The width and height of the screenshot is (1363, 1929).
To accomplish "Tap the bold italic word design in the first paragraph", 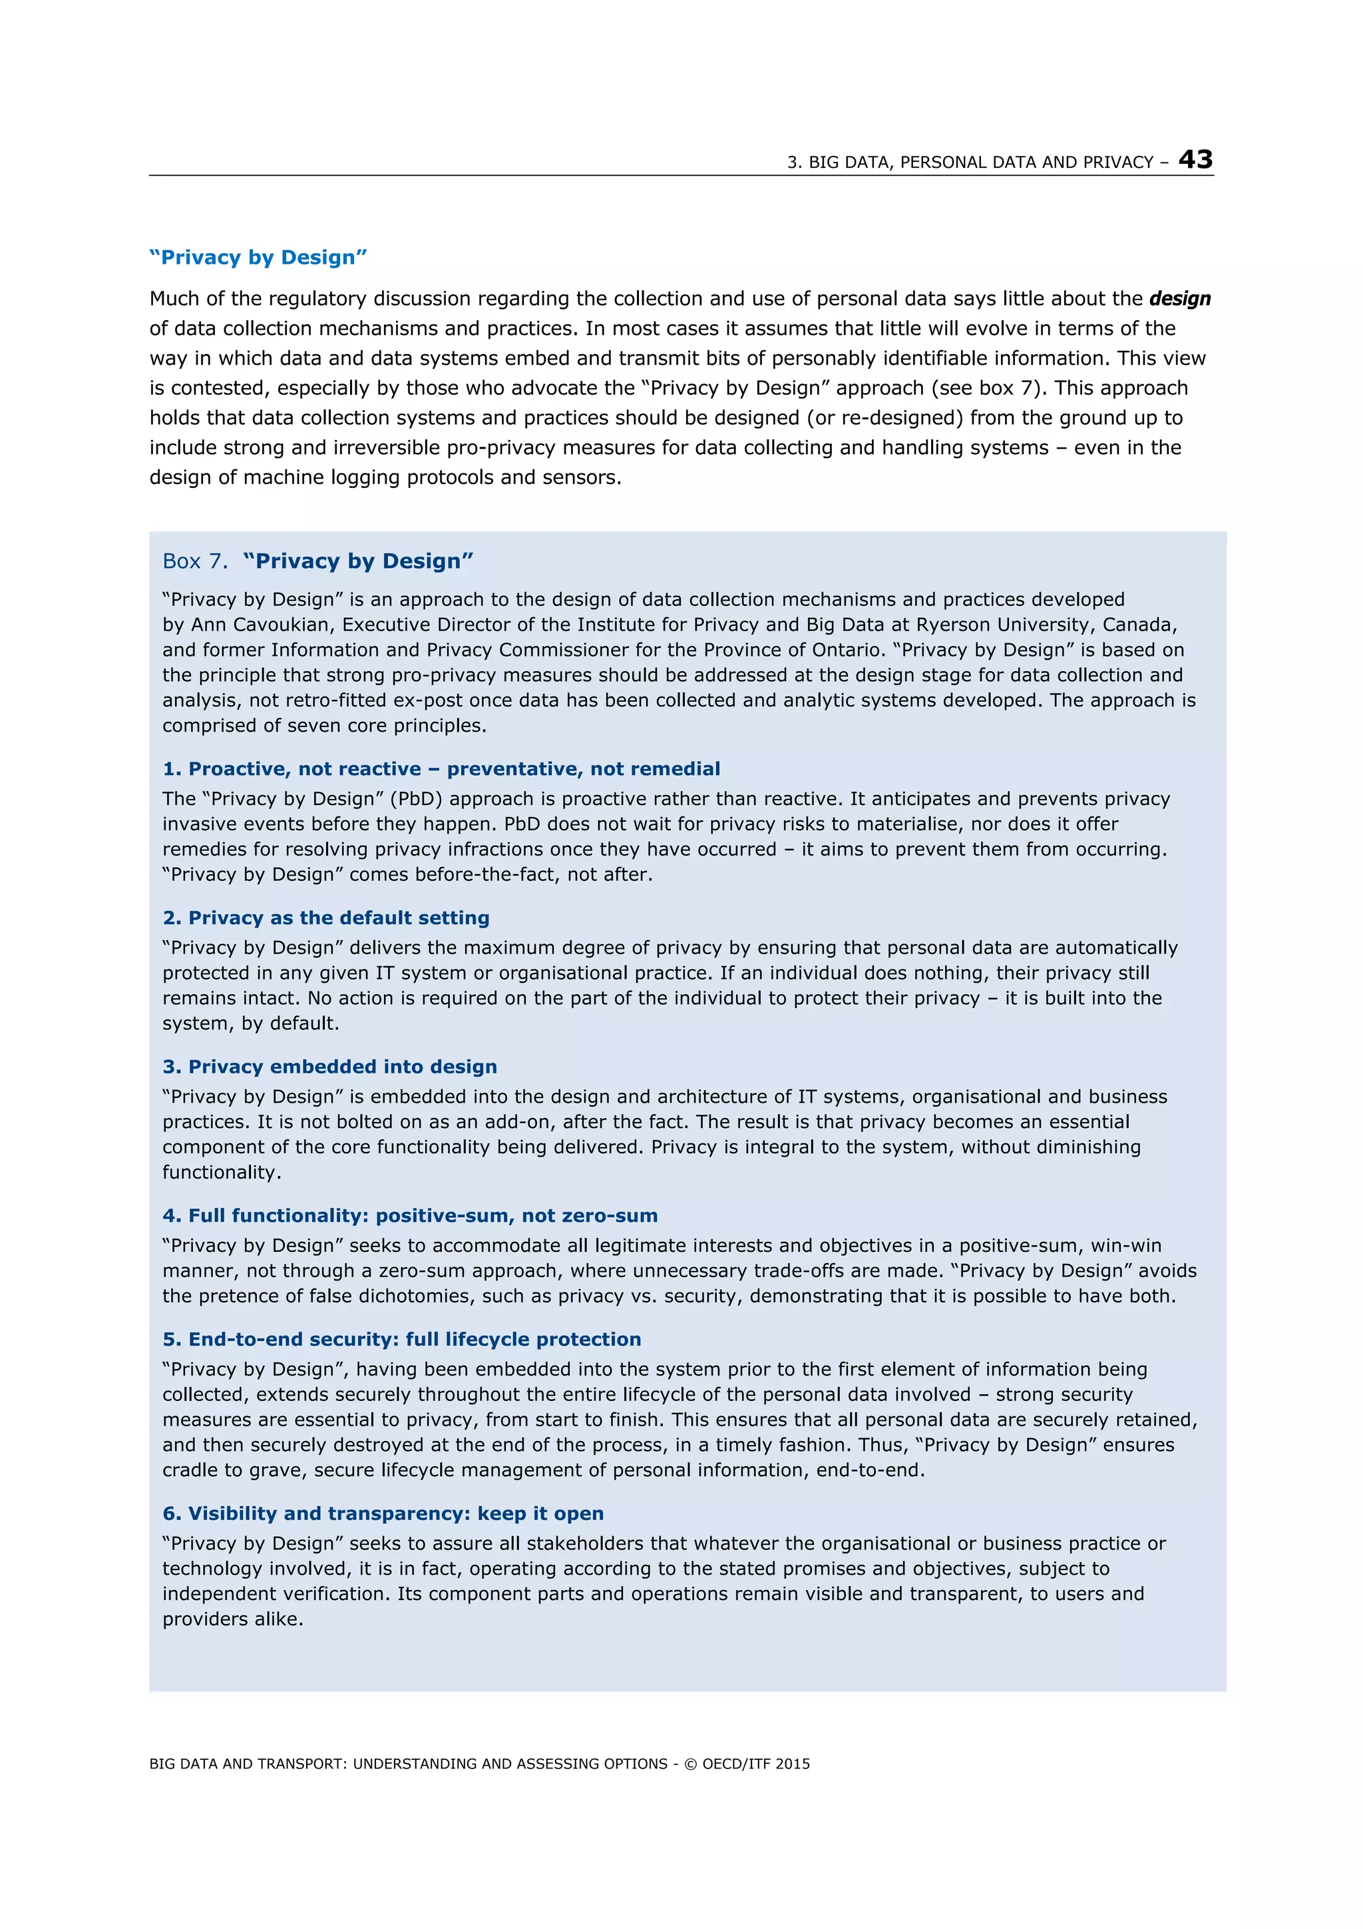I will [1179, 298].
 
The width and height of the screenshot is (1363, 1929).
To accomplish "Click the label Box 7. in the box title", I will [195, 561].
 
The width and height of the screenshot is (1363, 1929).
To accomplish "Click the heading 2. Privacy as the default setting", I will [326, 918].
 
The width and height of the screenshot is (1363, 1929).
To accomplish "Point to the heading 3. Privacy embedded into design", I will [329, 1066].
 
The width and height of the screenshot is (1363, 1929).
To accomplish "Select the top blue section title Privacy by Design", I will [258, 257].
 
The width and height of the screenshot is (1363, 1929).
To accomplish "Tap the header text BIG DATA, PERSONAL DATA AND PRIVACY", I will [969, 162].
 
